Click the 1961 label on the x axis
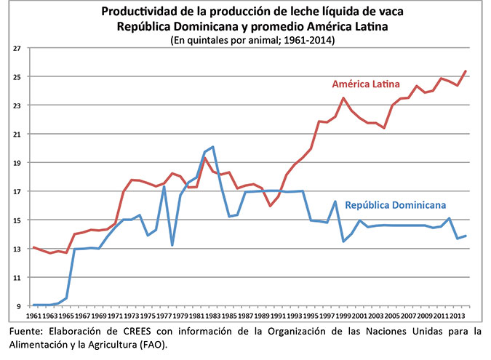click(x=33, y=318)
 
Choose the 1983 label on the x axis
click(x=212, y=318)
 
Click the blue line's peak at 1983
click(x=212, y=147)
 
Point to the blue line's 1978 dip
click(x=172, y=245)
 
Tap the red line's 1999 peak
click(x=343, y=98)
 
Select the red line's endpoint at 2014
click(x=466, y=71)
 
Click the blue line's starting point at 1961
click(x=33, y=305)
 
